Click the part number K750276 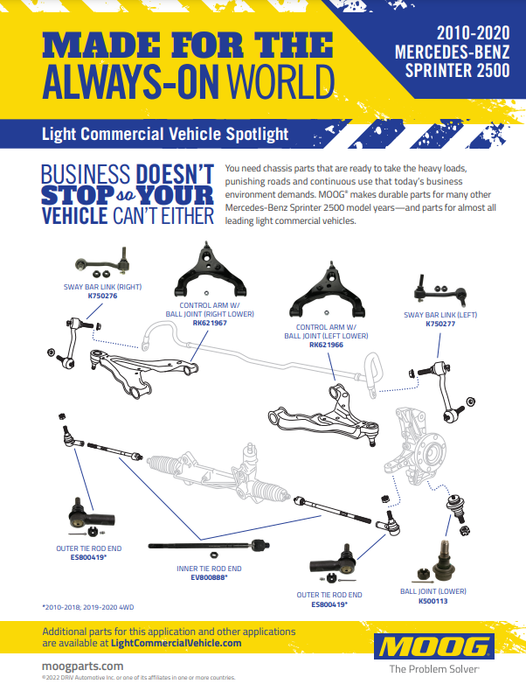tap(102, 296)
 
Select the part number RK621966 tap(326, 344)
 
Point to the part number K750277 tap(440, 323)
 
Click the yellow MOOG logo tap(432, 647)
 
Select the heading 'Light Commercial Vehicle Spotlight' tap(165, 135)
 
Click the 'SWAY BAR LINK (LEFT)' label tap(440, 314)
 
